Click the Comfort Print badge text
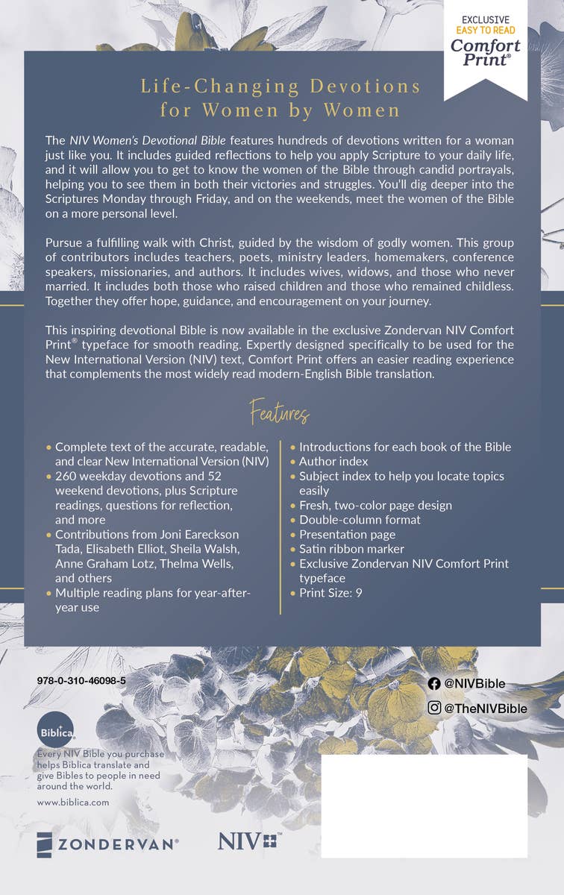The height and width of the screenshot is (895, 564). (485, 51)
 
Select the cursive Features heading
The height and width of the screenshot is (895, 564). (280, 412)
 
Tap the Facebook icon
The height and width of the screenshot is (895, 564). (434, 684)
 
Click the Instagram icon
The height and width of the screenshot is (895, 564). (434, 709)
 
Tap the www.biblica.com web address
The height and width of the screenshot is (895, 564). (72, 803)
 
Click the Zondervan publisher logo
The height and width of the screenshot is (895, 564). (107, 844)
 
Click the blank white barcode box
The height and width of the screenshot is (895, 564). (424, 805)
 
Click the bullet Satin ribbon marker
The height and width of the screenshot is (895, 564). (351, 549)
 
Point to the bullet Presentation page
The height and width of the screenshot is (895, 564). (347, 534)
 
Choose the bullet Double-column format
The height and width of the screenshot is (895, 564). (360, 520)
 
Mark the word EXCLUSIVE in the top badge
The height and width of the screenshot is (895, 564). (485, 19)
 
